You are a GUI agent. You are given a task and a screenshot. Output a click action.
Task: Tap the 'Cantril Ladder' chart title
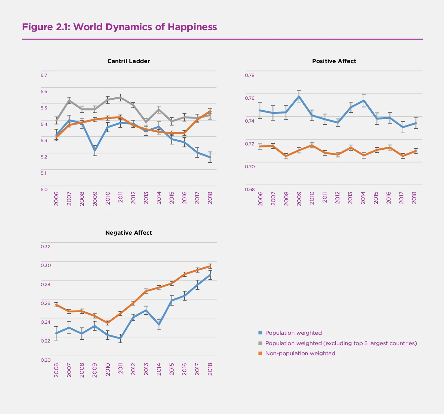coord(128,61)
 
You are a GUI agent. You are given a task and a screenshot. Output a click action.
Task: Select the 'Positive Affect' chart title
coord(334,61)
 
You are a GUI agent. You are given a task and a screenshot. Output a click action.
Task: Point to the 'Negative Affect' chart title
coord(128,233)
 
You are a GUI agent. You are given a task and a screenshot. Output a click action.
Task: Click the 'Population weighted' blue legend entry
coord(293,333)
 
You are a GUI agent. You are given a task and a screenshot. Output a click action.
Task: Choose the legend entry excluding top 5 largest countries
coord(341,343)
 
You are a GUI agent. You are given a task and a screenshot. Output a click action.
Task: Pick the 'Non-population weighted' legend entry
coord(300,353)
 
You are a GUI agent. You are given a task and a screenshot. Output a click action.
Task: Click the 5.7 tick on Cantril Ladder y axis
coord(44,75)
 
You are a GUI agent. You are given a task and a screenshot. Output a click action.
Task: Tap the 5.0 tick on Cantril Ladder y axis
coord(44,189)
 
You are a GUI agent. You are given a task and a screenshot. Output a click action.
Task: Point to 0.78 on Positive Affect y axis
coord(250,75)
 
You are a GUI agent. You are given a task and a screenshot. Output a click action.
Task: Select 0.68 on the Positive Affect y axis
coord(250,189)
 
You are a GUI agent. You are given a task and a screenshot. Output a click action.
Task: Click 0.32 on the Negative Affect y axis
coord(45,246)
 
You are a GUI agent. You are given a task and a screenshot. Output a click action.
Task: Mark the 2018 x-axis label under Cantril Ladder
coord(210,198)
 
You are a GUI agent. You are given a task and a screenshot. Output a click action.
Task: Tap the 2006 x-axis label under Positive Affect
coord(260,198)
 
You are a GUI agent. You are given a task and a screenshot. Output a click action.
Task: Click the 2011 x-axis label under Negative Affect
coord(120,370)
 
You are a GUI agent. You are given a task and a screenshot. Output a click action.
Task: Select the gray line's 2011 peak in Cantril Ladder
coord(120,97)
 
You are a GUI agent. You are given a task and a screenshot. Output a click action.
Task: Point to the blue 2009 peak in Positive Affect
coord(299,96)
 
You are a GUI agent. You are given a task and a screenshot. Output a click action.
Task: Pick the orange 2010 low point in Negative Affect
coord(108,323)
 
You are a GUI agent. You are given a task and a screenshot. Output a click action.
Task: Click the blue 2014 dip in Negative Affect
coord(159,325)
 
